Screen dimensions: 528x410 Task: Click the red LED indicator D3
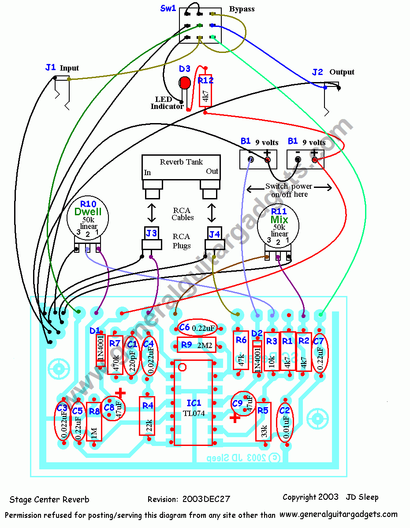tap(184, 82)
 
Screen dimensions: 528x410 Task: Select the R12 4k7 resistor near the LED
tap(205, 90)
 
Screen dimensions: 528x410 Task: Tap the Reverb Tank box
tap(181, 166)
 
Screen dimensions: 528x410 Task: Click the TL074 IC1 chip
tap(194, 403)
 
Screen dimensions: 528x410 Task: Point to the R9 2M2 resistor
tap(196, 345)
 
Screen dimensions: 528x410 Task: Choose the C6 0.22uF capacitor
tap(197, 328)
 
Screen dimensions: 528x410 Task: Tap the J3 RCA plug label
tap(151, 234)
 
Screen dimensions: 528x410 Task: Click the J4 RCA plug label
tap(214, 234)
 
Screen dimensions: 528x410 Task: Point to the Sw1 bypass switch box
tap(200, 26)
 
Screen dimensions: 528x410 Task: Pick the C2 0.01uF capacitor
tap(285, 422)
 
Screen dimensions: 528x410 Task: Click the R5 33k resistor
tap(263, 422)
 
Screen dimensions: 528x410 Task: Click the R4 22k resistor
tap(147, 416)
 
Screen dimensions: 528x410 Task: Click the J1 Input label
tap(62, 68)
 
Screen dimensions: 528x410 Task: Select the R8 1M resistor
tap(94, 422)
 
